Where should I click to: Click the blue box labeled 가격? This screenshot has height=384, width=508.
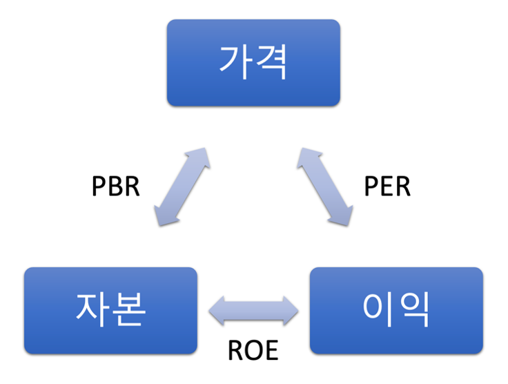253,63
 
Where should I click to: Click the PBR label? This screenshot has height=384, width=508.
115,186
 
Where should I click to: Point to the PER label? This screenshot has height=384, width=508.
387,186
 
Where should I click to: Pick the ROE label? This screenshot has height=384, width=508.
253,351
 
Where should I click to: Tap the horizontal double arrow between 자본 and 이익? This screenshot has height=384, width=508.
254,311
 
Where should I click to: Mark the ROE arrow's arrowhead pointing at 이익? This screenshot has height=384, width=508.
291,311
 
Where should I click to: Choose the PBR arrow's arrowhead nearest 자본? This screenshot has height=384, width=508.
164,217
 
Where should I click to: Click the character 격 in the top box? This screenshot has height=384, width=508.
271,63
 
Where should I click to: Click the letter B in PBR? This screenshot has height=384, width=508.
115,186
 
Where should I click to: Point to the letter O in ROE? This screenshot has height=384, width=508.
253,351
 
